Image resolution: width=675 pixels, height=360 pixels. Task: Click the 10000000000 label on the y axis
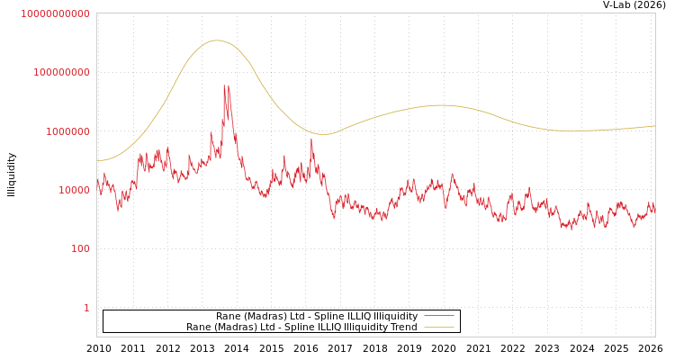tap(56, 13)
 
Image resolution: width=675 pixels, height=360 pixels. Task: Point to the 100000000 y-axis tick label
tap(61, 72)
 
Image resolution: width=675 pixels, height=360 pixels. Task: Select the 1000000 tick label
tap(67, 131)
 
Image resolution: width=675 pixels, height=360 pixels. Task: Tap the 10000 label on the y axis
tap(73, 190)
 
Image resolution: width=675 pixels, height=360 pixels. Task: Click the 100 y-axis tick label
tap(79, 249)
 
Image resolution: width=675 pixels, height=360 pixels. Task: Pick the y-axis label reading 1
tap(86, 308)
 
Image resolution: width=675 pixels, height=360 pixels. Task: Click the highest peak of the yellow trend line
tap(216, 40)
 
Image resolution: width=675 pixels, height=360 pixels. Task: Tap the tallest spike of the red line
tap(224, 85)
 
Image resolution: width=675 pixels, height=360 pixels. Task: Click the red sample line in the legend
tap(438, 316)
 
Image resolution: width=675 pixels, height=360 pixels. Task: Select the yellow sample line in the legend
tap(438, 328)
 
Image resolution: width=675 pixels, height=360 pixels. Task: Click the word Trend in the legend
tap(404, 328)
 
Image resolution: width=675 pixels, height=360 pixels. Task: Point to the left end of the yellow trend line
tap(97, 161)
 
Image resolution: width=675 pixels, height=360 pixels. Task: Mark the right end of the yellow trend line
tap(654, 126)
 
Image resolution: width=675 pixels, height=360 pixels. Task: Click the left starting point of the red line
tap(97, 181)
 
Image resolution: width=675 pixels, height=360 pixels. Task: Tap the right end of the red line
tap(654, 207)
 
